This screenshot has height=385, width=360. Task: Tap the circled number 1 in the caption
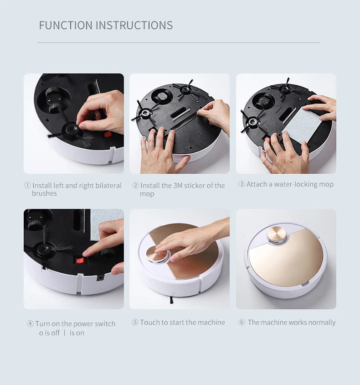pyautogui.click(x=27, y=186)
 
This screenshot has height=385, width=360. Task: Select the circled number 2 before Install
pyautogui.click(x=135, y=186)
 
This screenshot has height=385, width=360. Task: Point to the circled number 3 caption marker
pyautogui.click(x=242, y=184)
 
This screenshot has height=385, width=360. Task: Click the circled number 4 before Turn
pyautogui.click(x=30, y=324)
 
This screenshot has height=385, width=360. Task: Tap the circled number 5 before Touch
pyautogui.click(x=135, y=323)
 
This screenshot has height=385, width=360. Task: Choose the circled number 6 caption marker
pyautogui.click(x=242, y=323)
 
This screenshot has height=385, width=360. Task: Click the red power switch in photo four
pyautogui.click(x=80, y=261)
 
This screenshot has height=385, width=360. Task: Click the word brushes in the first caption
pyautogui.click(x=44, y=193)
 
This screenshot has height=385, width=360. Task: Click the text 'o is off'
pyautogui.click(x=49, y=333)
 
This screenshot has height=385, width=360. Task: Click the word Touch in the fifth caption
pyautogui.click(x=149, y=323)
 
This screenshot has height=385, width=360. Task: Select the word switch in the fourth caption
pyautogui.click(x=105, y=324)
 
